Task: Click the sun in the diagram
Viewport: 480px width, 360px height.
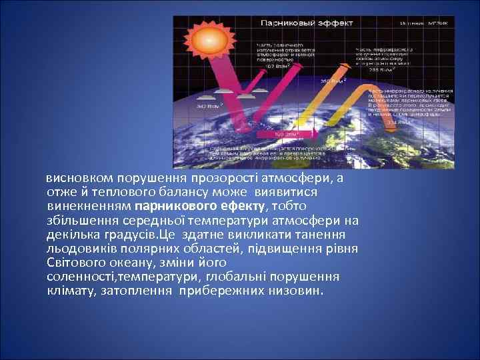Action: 208,42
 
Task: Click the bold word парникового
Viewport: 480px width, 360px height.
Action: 176,206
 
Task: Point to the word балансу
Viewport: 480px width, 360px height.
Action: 180,192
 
